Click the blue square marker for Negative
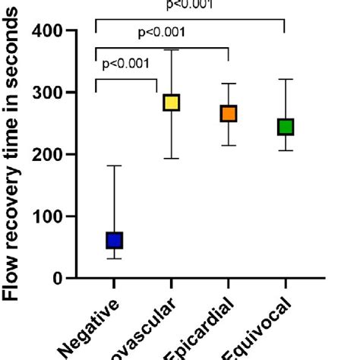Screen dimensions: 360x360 (x=114, y=241)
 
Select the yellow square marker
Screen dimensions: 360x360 (x=172, y=103)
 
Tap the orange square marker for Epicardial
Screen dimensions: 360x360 (x=229, y=114)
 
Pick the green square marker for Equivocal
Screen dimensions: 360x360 (x=285, y=127)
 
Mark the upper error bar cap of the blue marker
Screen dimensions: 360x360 (x=114, y=166)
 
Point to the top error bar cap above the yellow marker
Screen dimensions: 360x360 (x=172, y=50)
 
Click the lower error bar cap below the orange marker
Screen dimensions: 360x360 (x=229, y=145)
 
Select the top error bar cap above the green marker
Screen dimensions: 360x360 (x=285, y=79)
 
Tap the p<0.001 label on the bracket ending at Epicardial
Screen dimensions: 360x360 (x=161, y=33)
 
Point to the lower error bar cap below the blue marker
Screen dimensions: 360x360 (x=114, y=258)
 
